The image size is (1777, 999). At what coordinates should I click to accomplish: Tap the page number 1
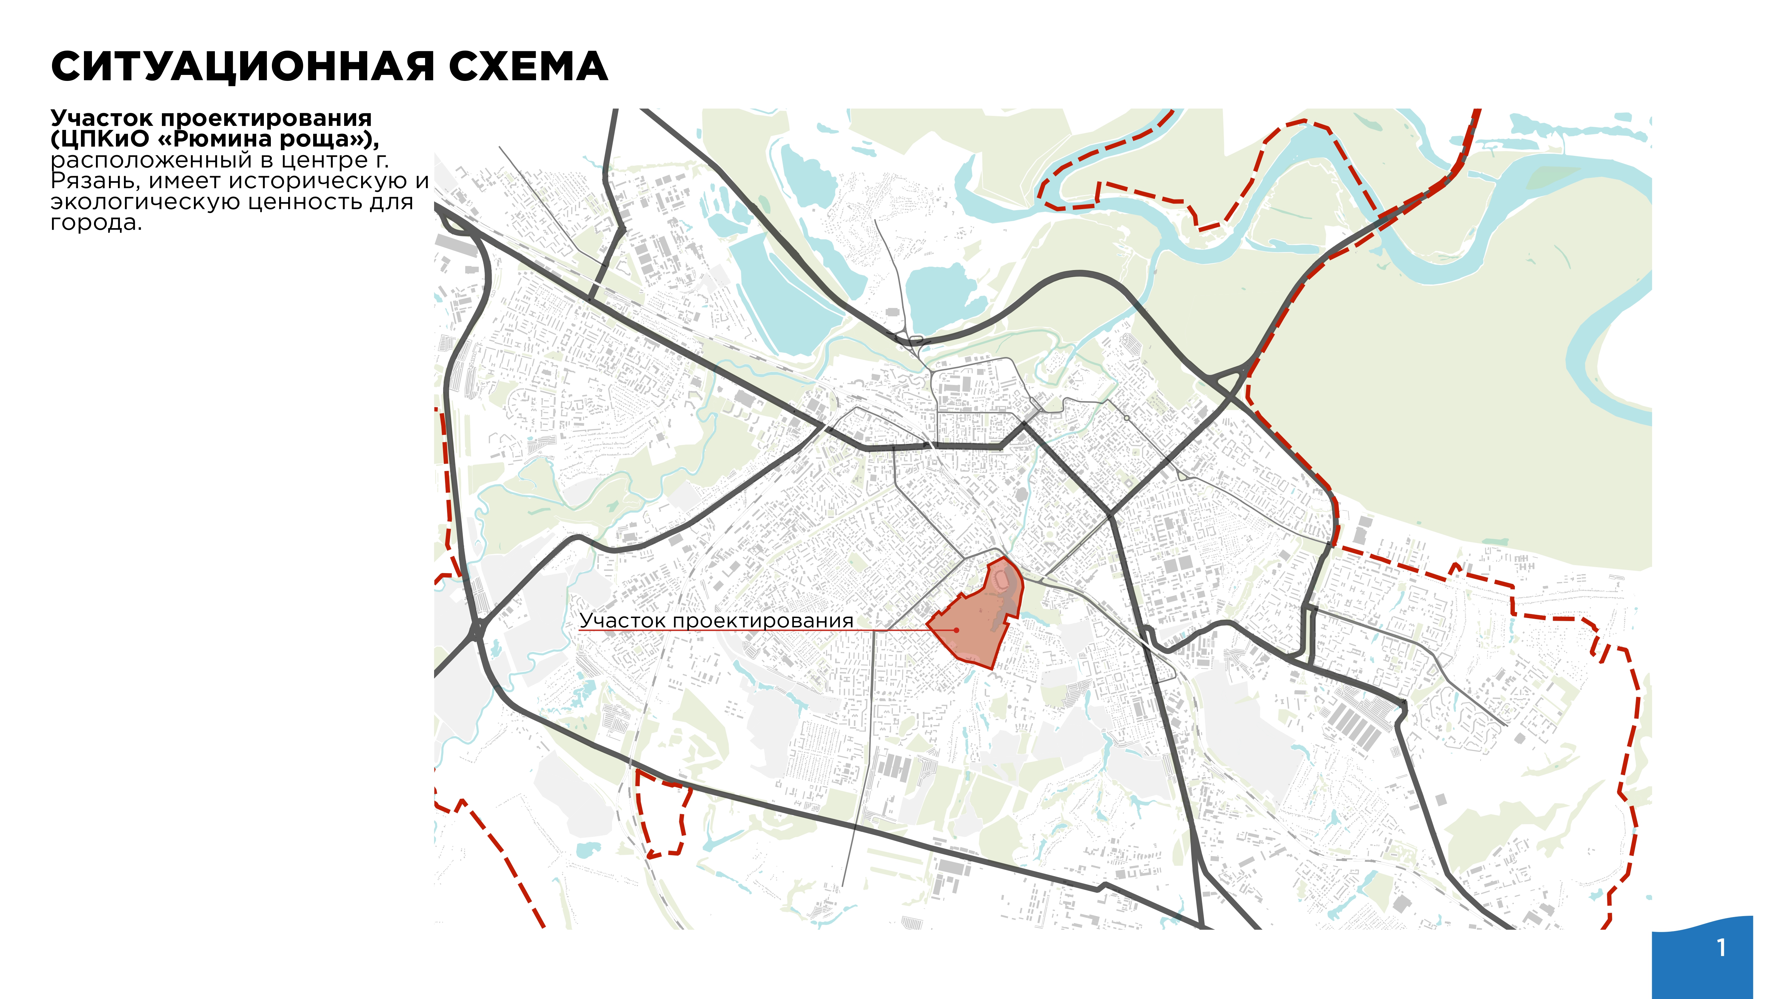[1722, 948]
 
